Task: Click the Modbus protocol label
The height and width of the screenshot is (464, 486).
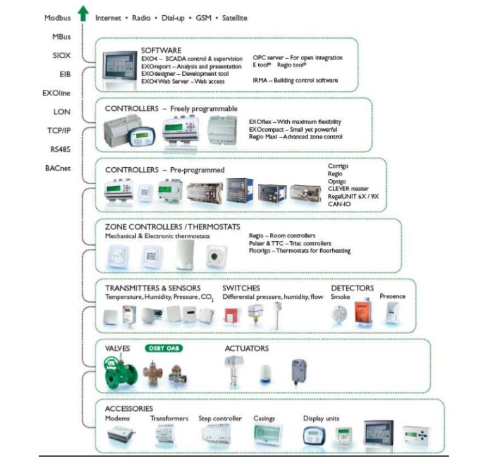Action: coord(57,18)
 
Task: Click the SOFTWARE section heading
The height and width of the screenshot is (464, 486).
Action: coord(161,50)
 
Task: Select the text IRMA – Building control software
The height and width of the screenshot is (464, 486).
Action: coord(296,80)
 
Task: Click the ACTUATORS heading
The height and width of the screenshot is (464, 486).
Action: coord(246,348)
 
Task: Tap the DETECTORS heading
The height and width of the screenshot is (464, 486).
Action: coord(352,288)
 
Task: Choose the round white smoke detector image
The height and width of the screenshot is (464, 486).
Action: coord(340,313)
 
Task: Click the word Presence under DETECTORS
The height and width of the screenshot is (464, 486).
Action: coord(392,296)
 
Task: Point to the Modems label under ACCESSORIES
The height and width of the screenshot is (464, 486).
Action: coord(118,418)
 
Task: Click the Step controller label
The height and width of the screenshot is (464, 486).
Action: coord(220,418)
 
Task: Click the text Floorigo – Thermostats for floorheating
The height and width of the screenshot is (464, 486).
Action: coord(300,251)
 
